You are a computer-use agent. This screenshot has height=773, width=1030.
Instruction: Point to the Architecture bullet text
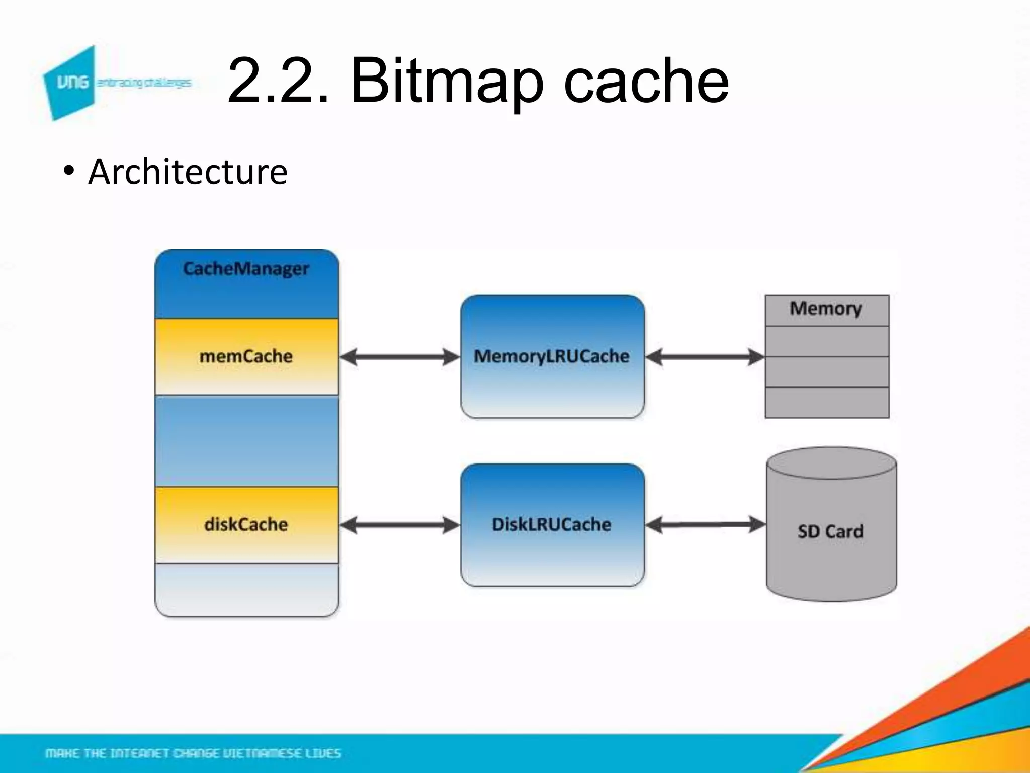click(x=188, y=172)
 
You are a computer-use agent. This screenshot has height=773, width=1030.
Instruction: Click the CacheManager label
click(x=246, y=269)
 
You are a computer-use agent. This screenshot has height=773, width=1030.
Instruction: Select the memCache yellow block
click(x=246, y=356)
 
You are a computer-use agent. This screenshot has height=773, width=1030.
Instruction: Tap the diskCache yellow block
click(x=246, y=524)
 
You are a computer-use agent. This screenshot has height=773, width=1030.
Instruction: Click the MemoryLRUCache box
click(x=552, y=356)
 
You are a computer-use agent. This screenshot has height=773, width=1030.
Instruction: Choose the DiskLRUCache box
click(x=552, y=524)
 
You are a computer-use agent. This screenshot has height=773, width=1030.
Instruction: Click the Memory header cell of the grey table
click(x=826, y=309)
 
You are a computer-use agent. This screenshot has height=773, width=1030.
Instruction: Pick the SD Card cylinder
click(x=831, y=531)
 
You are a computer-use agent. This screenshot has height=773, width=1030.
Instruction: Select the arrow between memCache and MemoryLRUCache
click(x=400, y=357)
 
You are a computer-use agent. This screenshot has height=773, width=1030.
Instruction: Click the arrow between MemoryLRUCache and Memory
click(x=705, y=357)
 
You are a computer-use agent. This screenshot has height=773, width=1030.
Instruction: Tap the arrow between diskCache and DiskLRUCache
click(x=400, y=525)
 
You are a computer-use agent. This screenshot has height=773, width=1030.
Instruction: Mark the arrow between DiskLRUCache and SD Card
click(x=705, y=525)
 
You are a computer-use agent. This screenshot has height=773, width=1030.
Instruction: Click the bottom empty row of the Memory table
click(x=827, y=403)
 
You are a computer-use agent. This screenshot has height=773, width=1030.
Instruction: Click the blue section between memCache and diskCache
click(x=246, y=441)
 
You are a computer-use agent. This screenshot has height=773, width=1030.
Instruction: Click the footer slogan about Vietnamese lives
click(x=193, y=753)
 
